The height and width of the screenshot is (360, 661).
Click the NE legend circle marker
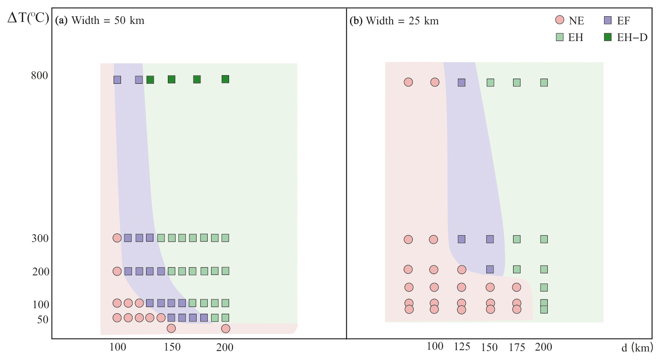coord(559,20)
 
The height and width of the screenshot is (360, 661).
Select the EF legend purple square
coord(608,20)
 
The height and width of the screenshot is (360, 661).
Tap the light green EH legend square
coord(559,37)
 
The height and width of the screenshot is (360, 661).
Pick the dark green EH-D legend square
coord(608,37)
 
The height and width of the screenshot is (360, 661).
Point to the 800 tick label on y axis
coord(39,76)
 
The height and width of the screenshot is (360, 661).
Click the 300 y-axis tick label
coord(40,239)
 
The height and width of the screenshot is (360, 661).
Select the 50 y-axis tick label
coord(43,320)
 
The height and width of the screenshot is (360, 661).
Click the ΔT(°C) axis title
coord(28,18)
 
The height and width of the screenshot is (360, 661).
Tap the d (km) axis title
coord(637,348)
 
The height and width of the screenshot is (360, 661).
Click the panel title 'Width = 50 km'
coord(107,21)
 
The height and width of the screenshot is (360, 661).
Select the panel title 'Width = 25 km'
coord(402,21)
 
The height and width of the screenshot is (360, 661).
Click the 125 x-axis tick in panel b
coord(462,347)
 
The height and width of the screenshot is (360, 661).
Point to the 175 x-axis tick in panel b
coord(517,347)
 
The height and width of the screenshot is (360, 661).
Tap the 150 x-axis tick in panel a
coord(172,347)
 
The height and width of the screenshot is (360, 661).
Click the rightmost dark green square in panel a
coord(225,79)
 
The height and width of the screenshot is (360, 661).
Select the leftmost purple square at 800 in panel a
coord(117,80)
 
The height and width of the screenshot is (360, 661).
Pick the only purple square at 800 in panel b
coord(461,83)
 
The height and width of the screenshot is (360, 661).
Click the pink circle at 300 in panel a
coord(117,238)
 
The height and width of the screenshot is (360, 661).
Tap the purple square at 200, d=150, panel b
coord(490,269)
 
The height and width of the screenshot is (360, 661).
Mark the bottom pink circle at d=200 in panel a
coord(226,328)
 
